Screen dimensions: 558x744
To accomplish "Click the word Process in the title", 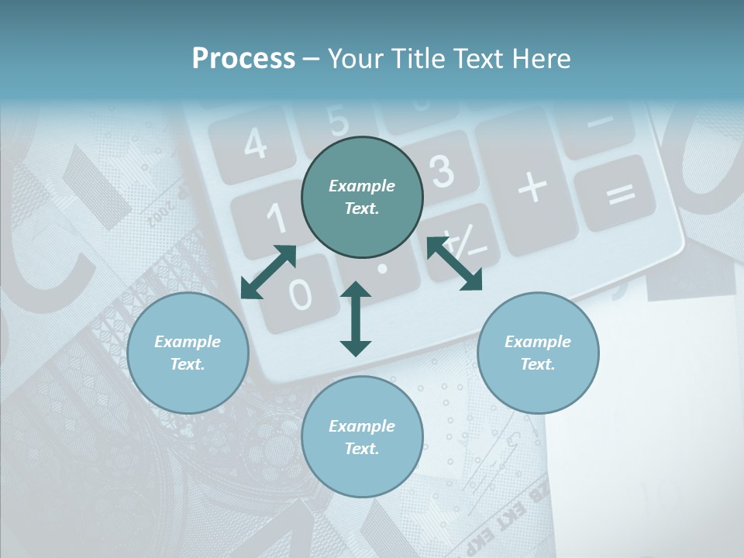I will pos(243,59).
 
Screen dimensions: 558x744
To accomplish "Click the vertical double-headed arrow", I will pos(356,319).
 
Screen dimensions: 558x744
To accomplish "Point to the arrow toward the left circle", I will pos(268,272).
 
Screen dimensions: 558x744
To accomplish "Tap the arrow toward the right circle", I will pos(454,263).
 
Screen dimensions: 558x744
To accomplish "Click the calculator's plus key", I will pos(532,187).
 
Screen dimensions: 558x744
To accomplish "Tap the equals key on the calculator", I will pos(620,193).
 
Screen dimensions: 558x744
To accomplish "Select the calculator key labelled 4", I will pos(253,143).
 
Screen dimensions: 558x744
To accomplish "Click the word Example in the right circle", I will pos(537,342).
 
